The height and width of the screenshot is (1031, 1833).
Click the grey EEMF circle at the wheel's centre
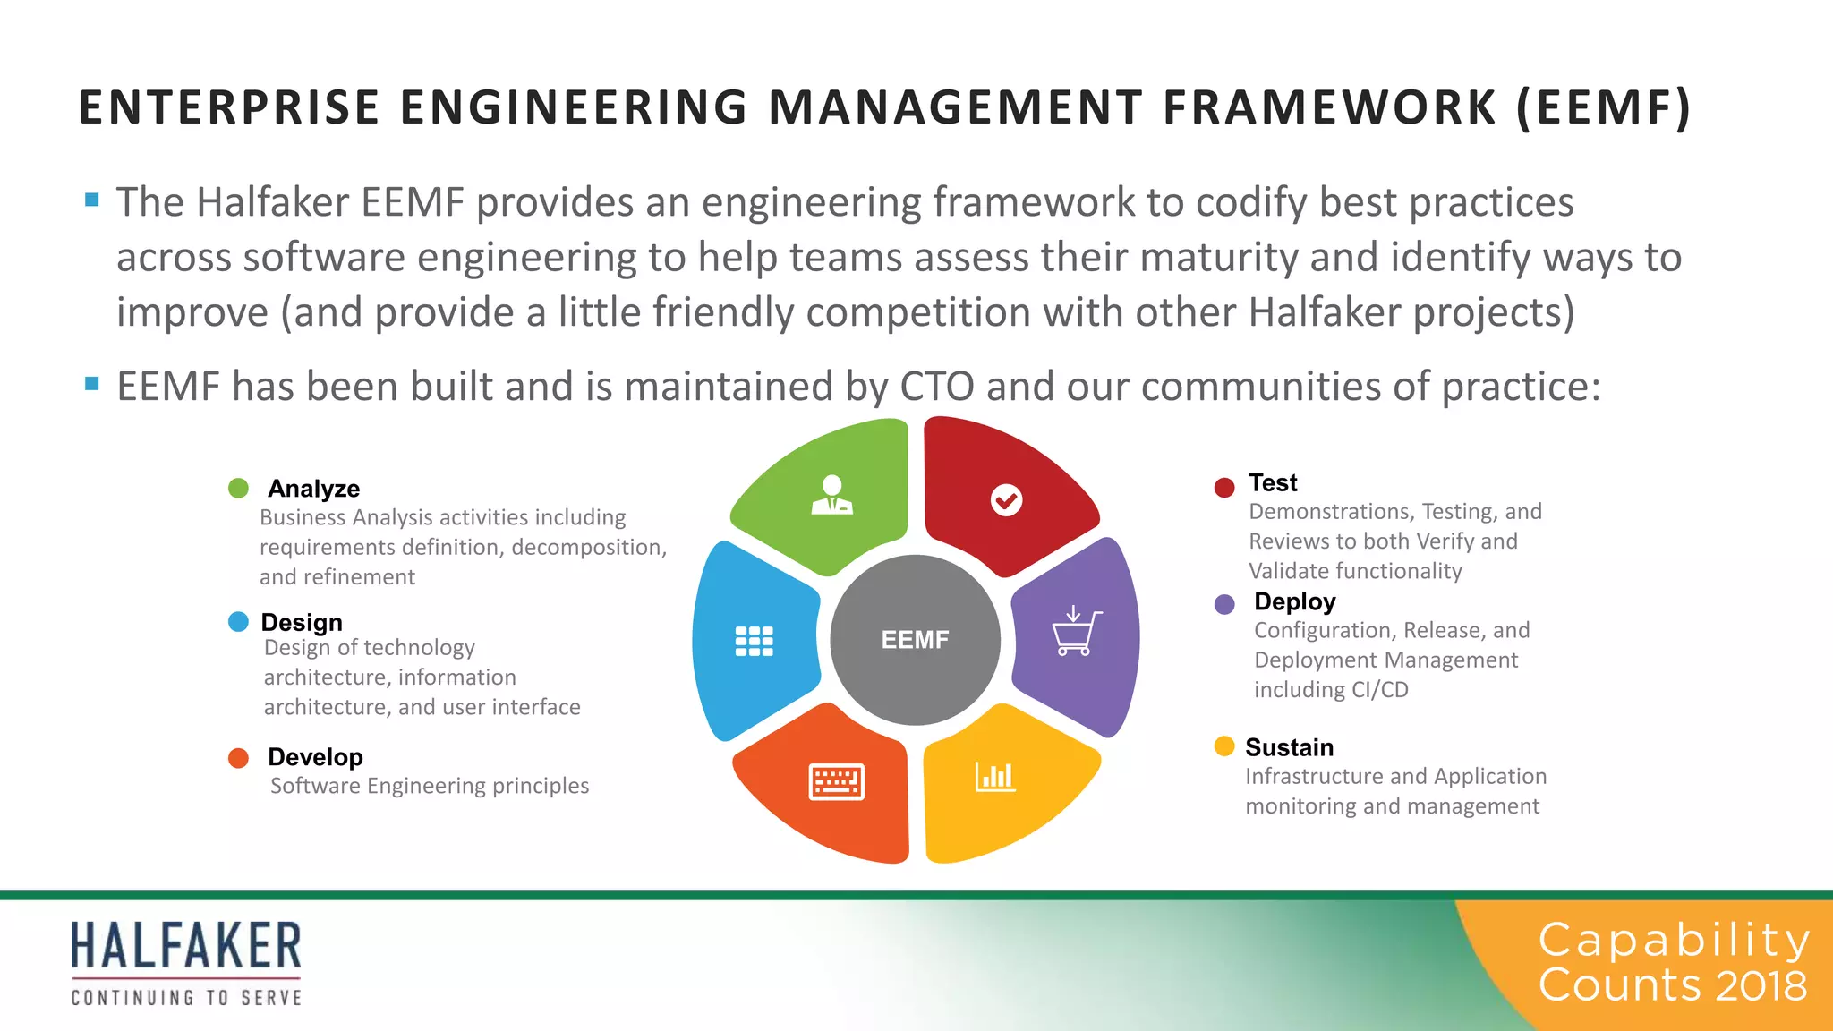[x=915, y=640]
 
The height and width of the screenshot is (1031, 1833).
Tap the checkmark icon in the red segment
[x=1006, y=500]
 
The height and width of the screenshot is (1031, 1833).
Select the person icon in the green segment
[x=831, y=495]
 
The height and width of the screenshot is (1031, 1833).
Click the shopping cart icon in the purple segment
[x=1075, y=632]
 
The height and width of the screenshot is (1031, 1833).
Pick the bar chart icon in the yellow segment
[x=995, y=776]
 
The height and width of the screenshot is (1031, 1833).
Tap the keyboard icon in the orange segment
[x=836, y=781]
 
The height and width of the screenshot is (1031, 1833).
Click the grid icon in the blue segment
[x=754, y=641]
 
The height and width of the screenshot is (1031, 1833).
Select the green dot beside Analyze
[x=238, y=489]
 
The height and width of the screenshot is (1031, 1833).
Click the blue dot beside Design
[x=238, y=622]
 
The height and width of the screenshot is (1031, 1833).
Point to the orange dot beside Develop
[x=238, y=758]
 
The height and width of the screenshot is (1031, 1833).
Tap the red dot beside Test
[x=1224, y=487]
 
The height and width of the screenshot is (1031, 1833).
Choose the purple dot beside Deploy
[x=1224, y=604]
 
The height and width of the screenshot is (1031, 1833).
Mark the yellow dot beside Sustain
[x=1224, y=746]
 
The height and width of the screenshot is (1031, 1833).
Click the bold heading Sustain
[x=1289, y=747]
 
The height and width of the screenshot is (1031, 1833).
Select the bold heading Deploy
[x=1294, y=601]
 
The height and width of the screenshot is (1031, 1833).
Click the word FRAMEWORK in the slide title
[x=1329, y=107]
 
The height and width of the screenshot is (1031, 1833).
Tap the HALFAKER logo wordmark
[x=186, y=947]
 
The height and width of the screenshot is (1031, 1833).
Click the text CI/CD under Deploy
[x=1380, y=690]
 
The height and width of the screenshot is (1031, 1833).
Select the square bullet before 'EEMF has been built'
[x=91, y=384]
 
